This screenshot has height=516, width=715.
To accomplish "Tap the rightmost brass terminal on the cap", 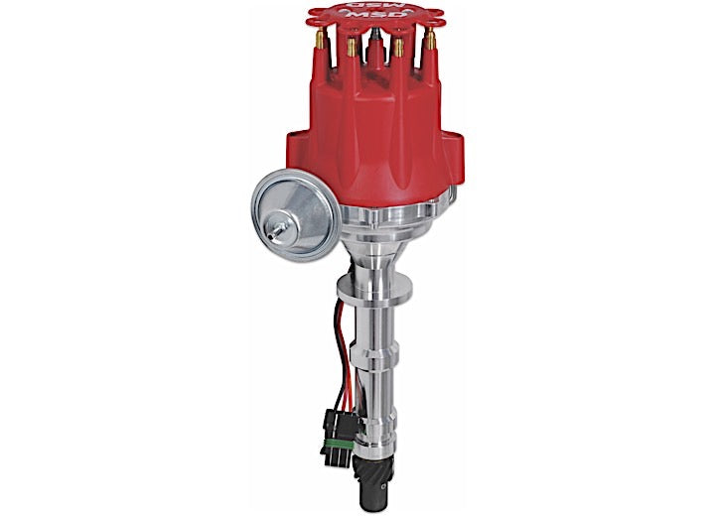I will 432,43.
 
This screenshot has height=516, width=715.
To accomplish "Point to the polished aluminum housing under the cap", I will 367,218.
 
